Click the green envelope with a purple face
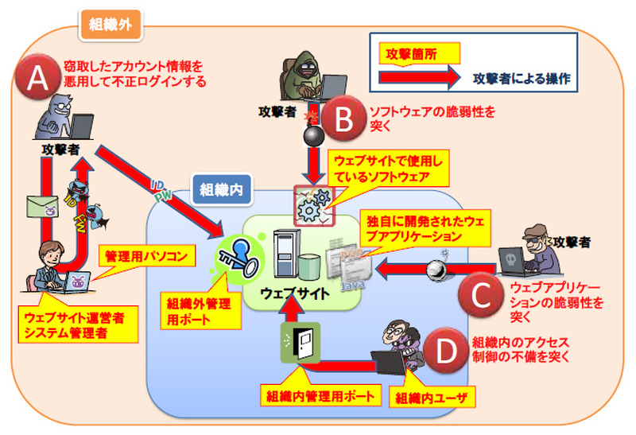(43, 208)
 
